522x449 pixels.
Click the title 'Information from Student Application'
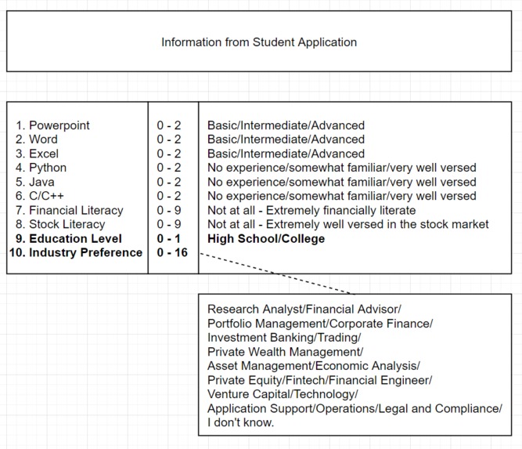pos(259,42)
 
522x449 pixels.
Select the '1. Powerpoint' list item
pos(52,125)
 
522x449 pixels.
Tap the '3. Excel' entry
pos(37,154)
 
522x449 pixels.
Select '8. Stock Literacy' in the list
pos(60,224)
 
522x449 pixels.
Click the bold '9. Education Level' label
pos(68,238)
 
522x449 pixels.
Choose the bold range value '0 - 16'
pos(172,252)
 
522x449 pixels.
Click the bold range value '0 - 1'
pos(169,238)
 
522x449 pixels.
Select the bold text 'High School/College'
pos(266,238)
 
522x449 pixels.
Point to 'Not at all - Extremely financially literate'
pos(311,210)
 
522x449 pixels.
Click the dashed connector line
pos(274,273)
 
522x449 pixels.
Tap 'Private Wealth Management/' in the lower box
pos(285,352)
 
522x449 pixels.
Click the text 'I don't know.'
pos(241,422)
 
